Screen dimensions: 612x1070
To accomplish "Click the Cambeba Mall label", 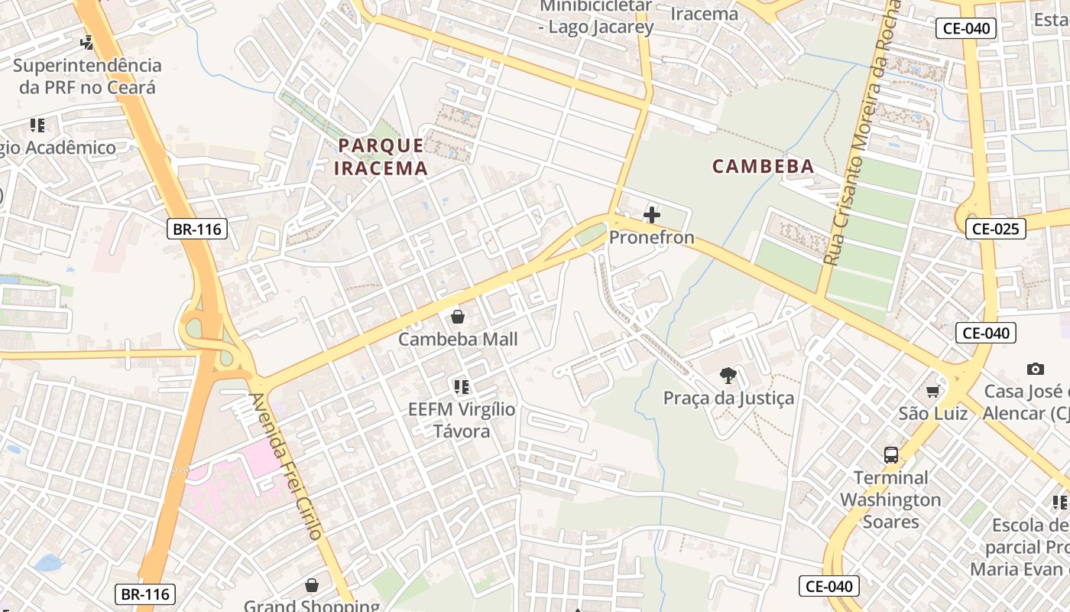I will pos(458,339).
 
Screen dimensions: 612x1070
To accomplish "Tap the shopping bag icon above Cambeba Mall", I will pos(458,316).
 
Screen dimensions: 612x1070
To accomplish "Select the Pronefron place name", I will pos(651,237).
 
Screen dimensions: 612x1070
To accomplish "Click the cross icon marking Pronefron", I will pos(652,214).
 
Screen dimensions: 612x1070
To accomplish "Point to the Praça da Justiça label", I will pos(728,398).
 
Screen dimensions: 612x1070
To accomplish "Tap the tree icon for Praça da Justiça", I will pos(728,375).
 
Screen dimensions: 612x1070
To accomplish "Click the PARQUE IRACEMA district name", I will pos(381,156).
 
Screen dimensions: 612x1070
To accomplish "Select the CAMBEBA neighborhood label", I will pos(763,166).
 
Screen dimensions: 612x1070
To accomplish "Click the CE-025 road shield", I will pos(995,228).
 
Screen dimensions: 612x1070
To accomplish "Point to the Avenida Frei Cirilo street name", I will pos(287,466).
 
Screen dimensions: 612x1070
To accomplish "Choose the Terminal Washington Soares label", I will pos(890,500).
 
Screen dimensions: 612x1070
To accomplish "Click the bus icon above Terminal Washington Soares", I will pos(891,455).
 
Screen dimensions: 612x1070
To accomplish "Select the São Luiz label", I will pos(932,414).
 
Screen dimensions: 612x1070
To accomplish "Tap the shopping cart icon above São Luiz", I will pos(932,392).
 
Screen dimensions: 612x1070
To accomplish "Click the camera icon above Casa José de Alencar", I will pos(1036,369).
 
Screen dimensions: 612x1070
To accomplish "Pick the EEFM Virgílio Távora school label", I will pos(462,420).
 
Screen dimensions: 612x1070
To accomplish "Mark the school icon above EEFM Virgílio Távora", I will pos(461,387).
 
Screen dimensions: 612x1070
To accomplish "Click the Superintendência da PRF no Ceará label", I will pos(87,76).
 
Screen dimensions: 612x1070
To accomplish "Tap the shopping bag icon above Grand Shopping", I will pos(311,586).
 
